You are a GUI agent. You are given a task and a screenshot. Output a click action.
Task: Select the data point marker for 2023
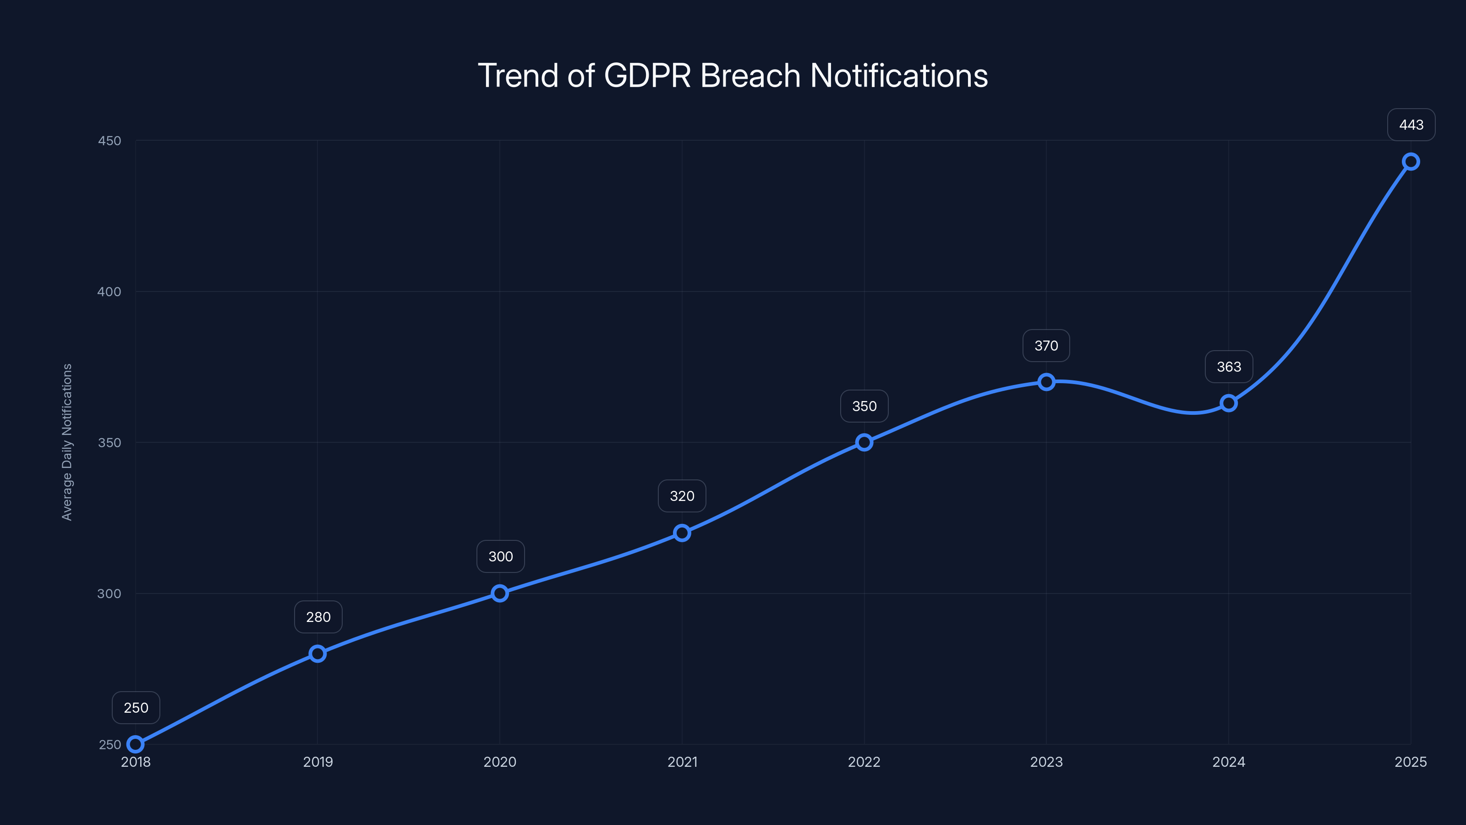coord(1046,382)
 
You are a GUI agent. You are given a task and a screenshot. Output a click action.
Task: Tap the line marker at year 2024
coord(1228,403)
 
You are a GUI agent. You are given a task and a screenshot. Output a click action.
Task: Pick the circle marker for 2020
coord(500,593)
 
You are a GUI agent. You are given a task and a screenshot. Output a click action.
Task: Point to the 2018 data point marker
coord(136,744)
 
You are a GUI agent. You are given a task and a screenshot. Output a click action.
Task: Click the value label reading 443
coord(1411,125)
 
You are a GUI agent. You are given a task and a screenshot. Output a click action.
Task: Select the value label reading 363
coord(1229,367)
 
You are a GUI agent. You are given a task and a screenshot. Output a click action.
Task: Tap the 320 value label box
coord(682,496)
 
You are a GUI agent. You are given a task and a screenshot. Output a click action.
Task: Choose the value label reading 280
coord(318,617)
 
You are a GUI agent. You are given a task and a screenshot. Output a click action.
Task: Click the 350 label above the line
coord(864,406)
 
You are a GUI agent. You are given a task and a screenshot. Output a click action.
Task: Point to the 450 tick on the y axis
coord(109,141)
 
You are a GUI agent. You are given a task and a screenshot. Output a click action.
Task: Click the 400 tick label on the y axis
coord(109,291)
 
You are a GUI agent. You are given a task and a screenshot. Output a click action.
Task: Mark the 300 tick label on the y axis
coord(109,593)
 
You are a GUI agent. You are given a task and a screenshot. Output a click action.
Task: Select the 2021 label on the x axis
coord(682,762)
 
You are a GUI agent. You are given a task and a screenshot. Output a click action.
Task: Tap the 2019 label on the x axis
coord(317,762)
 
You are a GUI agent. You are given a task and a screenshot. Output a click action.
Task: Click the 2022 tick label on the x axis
coord(864,762)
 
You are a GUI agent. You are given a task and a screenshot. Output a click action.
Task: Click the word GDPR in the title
coord(647,76)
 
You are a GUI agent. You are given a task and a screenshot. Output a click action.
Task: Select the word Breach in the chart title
coord(750,76)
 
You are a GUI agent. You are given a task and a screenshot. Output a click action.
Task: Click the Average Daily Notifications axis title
coord(67,442)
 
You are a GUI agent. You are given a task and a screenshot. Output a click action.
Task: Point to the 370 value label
coord(1046,346)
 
